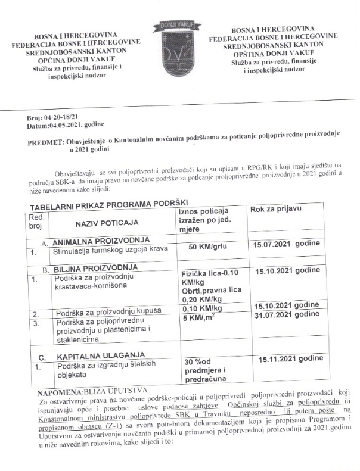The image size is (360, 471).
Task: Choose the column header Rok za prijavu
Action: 276,210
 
